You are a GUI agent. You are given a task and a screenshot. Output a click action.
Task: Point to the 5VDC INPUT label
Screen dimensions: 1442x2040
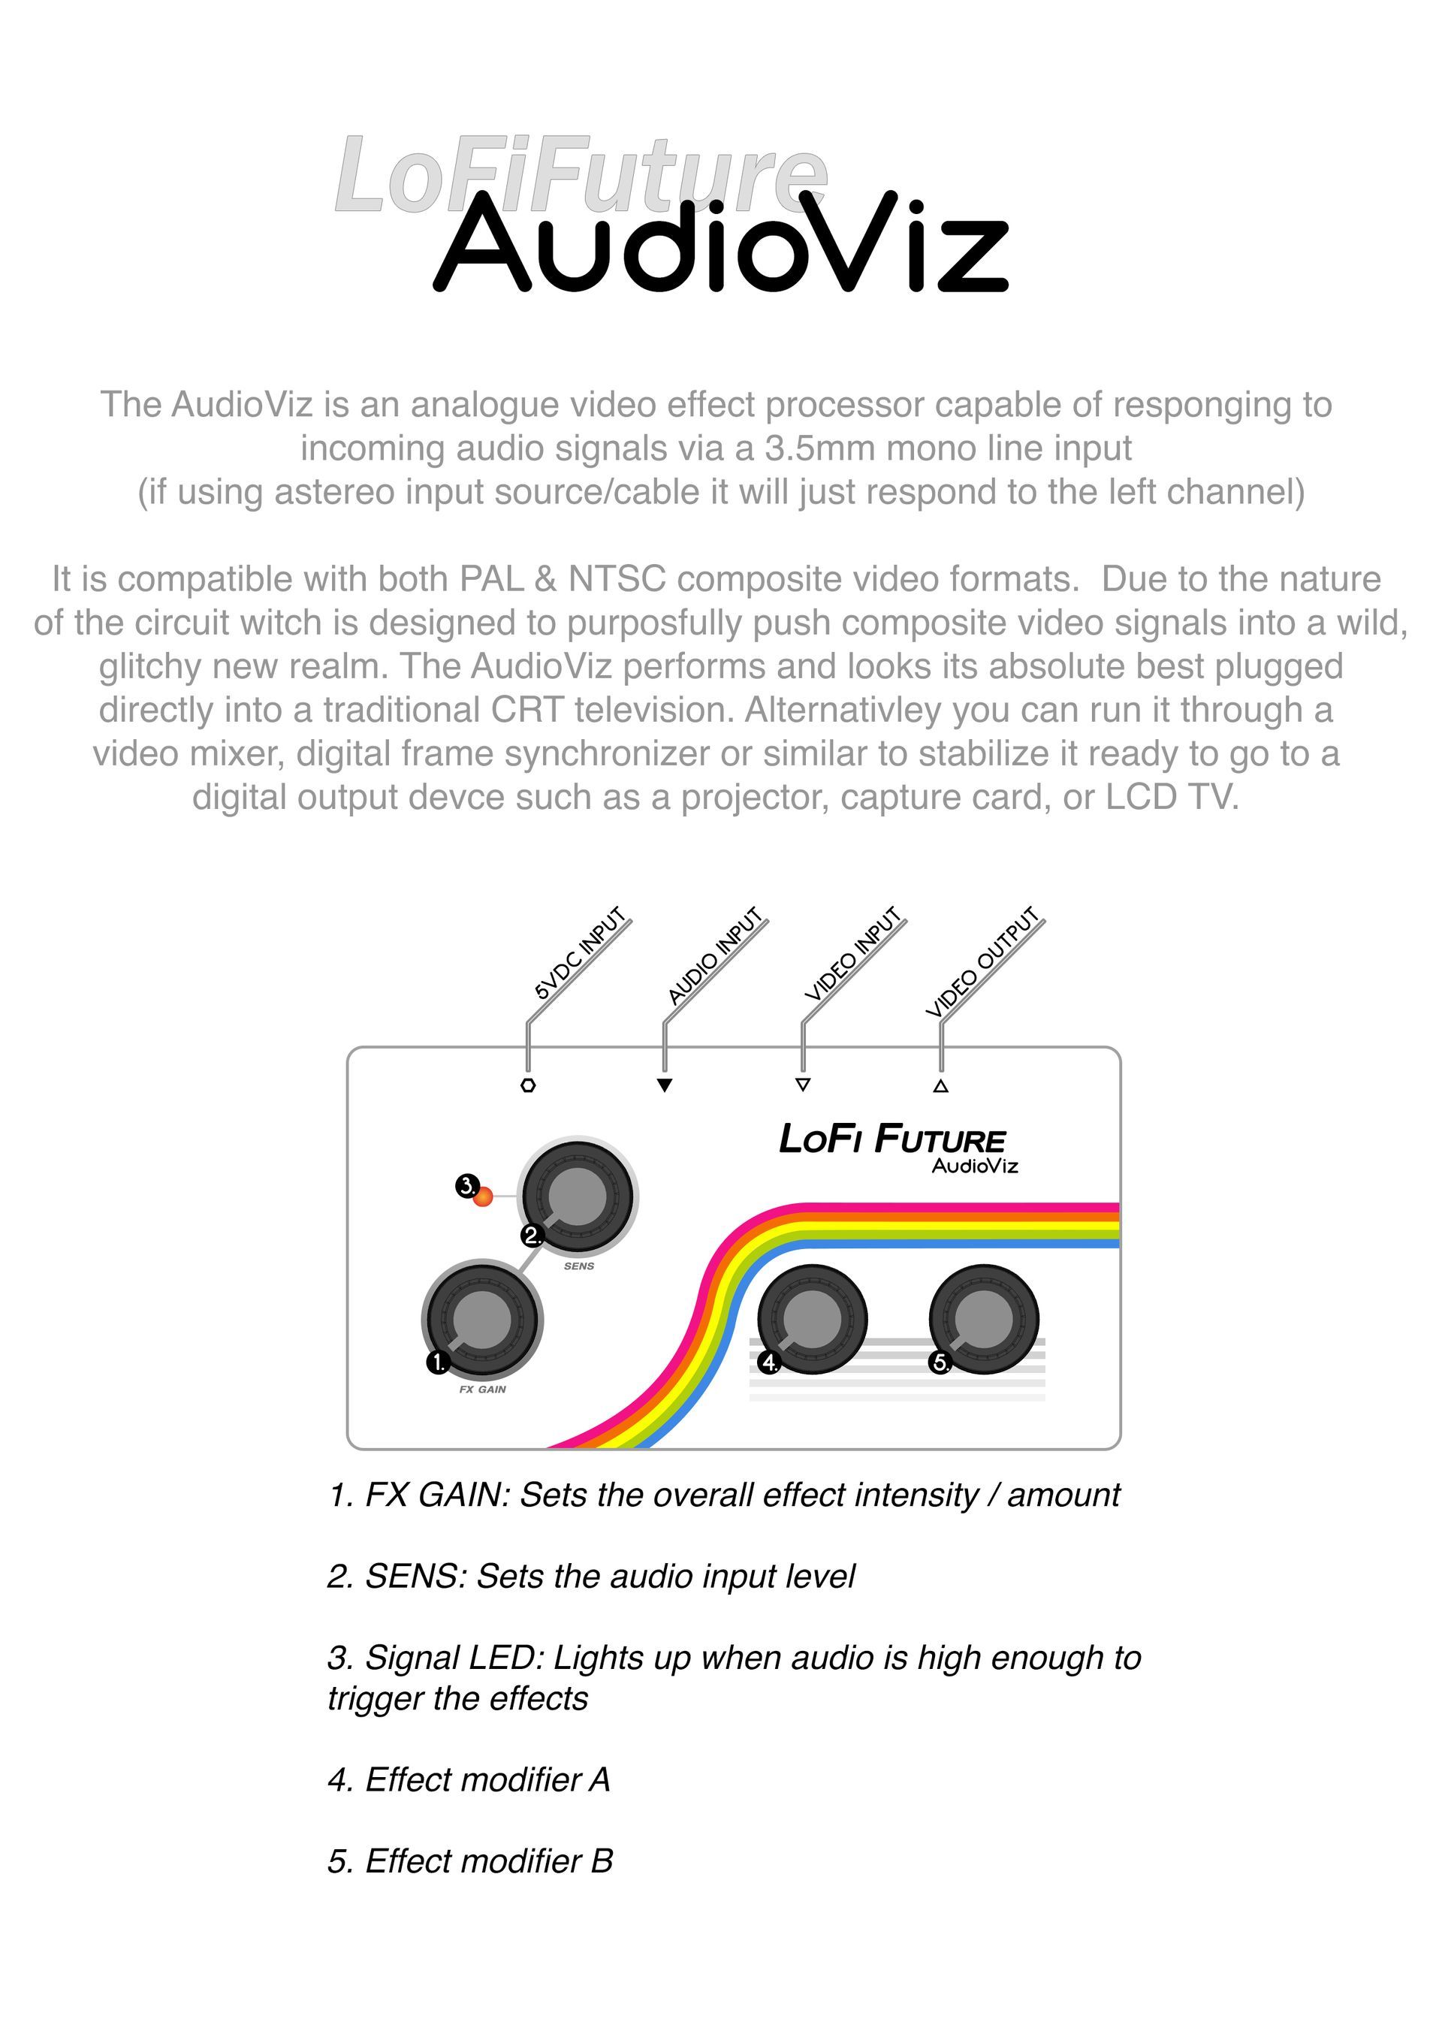(580, 953)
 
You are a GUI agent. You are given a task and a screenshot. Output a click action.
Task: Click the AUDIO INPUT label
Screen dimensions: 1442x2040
(715, 956)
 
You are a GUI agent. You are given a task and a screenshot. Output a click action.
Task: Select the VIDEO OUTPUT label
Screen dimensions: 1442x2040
(982, 962)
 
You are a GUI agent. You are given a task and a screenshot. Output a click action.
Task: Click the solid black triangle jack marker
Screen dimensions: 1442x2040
(665, 1085)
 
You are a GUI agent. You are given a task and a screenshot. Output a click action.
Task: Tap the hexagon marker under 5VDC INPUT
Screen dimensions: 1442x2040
(528, 1085)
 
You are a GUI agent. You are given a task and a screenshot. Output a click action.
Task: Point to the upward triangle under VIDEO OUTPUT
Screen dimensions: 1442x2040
(941, 1085)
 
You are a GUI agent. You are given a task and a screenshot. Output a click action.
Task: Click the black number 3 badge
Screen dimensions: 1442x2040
(467, 1185)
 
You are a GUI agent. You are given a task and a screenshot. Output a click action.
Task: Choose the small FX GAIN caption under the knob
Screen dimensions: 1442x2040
(482, 1390)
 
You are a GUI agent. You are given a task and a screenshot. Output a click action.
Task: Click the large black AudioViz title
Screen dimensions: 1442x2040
(722, 242)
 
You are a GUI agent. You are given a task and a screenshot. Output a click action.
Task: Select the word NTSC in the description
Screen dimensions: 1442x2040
(617, 579)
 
